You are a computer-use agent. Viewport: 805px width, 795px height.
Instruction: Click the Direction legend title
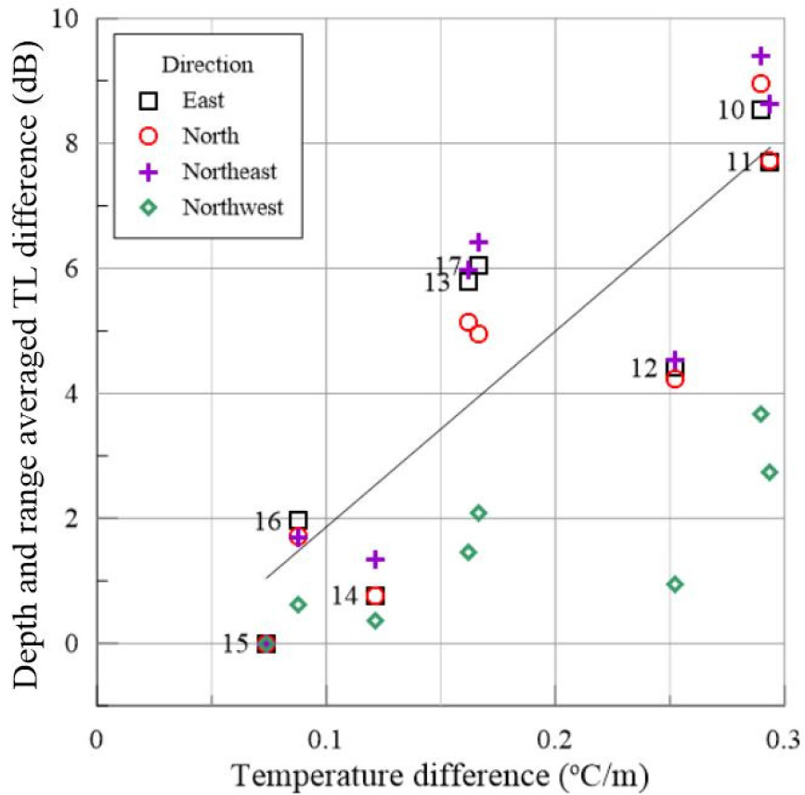pyautogui.click(x=207, y=65)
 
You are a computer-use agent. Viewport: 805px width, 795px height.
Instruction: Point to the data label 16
pyautogui.click(x=268, y=521)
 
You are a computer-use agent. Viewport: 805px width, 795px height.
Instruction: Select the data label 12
pyautogui.click(x=644, y=369)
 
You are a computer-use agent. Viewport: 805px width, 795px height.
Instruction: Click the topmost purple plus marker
pyautogui.click(x=761, y=56)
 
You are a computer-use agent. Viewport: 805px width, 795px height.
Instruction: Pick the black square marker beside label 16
pyautogui.click(x=298, y=520)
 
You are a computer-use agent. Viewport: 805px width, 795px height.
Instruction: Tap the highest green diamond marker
pyautogui.click(x=761, y=413)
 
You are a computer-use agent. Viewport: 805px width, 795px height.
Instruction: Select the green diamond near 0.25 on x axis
pyautogui.click(x=675, y=584)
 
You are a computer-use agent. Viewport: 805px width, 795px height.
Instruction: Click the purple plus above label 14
pyautogui.click(x=375, y=559)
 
